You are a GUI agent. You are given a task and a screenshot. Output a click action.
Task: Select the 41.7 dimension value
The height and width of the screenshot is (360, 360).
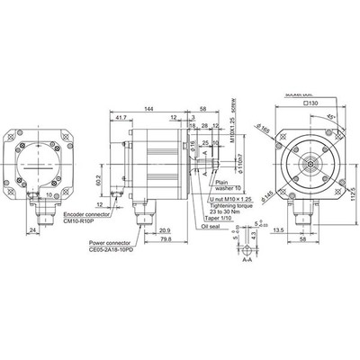[120, 116]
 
